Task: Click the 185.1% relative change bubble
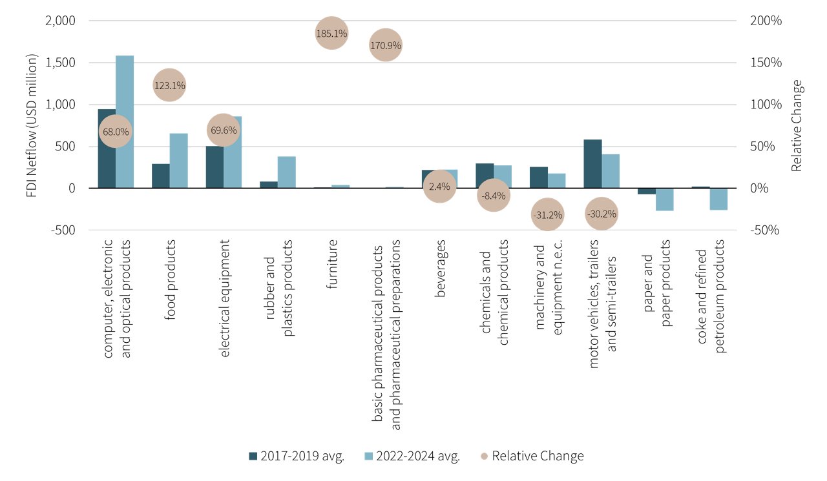pos(331,33)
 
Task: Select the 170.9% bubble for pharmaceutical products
pos(386,45)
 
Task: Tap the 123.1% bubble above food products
pos(169,85)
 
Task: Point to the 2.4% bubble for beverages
pos(440,187)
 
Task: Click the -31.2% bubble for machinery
pos(547,214)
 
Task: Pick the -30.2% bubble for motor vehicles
pos(602,214)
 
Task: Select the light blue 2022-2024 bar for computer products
pos(125,121)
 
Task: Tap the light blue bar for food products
pos(179,161)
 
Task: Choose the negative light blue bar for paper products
pos(665,200)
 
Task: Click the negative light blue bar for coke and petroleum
pos(719,199)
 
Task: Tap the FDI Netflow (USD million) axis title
pos(33,125)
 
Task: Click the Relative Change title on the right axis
pos(797,125)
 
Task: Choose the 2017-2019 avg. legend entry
pos(297,456)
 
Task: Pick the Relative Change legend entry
pos(532,456)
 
